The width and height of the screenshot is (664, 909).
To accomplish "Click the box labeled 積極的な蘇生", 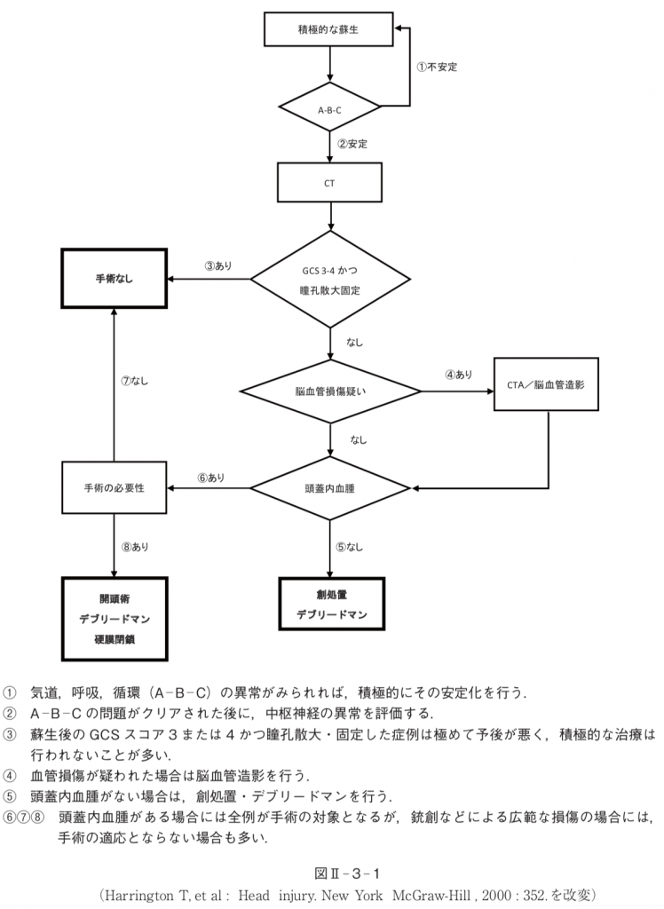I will [x=329, y=30].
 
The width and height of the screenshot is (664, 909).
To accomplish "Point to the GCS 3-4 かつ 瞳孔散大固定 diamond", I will [x=329, y=279].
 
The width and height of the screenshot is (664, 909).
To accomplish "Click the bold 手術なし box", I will [x=114, y=279].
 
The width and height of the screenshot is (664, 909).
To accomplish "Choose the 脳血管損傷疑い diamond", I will [x=329, y=391].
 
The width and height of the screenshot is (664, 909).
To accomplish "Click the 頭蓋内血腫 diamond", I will [x=329, y=487].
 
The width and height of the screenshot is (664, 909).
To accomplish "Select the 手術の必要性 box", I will [x=114, y=487].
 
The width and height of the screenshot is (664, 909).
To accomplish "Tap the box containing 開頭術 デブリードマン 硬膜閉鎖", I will [x=114, y=619].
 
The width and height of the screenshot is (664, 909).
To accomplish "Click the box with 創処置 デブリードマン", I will [x=331, y=605].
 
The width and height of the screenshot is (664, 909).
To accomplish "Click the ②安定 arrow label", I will [x=352, y=143].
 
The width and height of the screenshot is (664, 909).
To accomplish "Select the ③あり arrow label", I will [x=217, y=265].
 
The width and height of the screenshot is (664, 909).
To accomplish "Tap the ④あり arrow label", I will [x=458, y=375].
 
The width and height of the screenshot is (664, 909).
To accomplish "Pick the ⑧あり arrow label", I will [x=135, y=547].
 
